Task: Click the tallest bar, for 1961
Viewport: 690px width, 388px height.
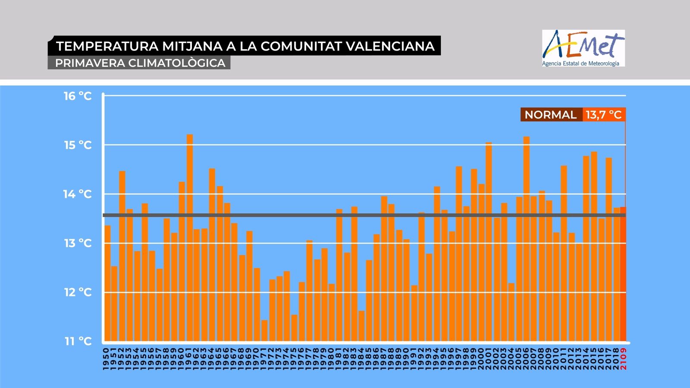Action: tap(190, 237)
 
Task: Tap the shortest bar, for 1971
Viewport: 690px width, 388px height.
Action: tap(264, 331)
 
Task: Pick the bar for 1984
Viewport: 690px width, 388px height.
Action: tap(361, 326)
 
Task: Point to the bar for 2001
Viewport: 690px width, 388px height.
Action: tap(489, 241)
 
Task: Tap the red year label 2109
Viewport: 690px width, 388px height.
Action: tap(623, 359)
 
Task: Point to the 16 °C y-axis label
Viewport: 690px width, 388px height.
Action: tap(78, 96)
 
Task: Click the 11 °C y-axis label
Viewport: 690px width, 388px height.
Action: tap(78, 341)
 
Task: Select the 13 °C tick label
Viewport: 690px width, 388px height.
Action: tap(78, 243)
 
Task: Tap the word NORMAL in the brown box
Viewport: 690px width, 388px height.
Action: tap(550, 115)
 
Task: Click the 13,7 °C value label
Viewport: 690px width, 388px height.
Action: tap(603, 115)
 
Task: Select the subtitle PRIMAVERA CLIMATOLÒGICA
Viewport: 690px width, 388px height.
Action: tap(140, 63)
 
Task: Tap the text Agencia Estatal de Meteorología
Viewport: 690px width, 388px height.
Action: tap(580, 63)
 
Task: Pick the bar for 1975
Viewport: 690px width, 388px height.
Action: tap(294, 328)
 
